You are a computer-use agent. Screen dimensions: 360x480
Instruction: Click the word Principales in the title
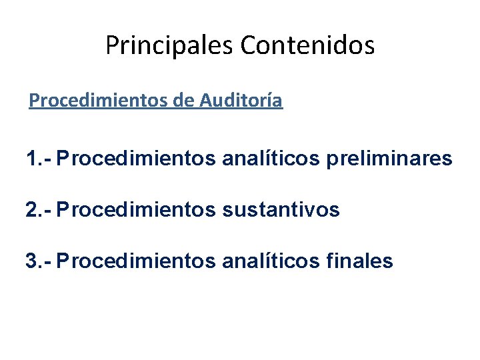click(x=171, y=45)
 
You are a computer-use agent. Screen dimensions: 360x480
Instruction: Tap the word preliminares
click(x=389, y=159)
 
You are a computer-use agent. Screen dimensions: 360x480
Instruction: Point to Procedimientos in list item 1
click(x=136, y=159)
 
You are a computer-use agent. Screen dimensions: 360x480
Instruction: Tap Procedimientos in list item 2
click(x=136, y=211)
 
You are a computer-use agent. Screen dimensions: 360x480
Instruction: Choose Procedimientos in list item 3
click(x=136, y=261)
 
